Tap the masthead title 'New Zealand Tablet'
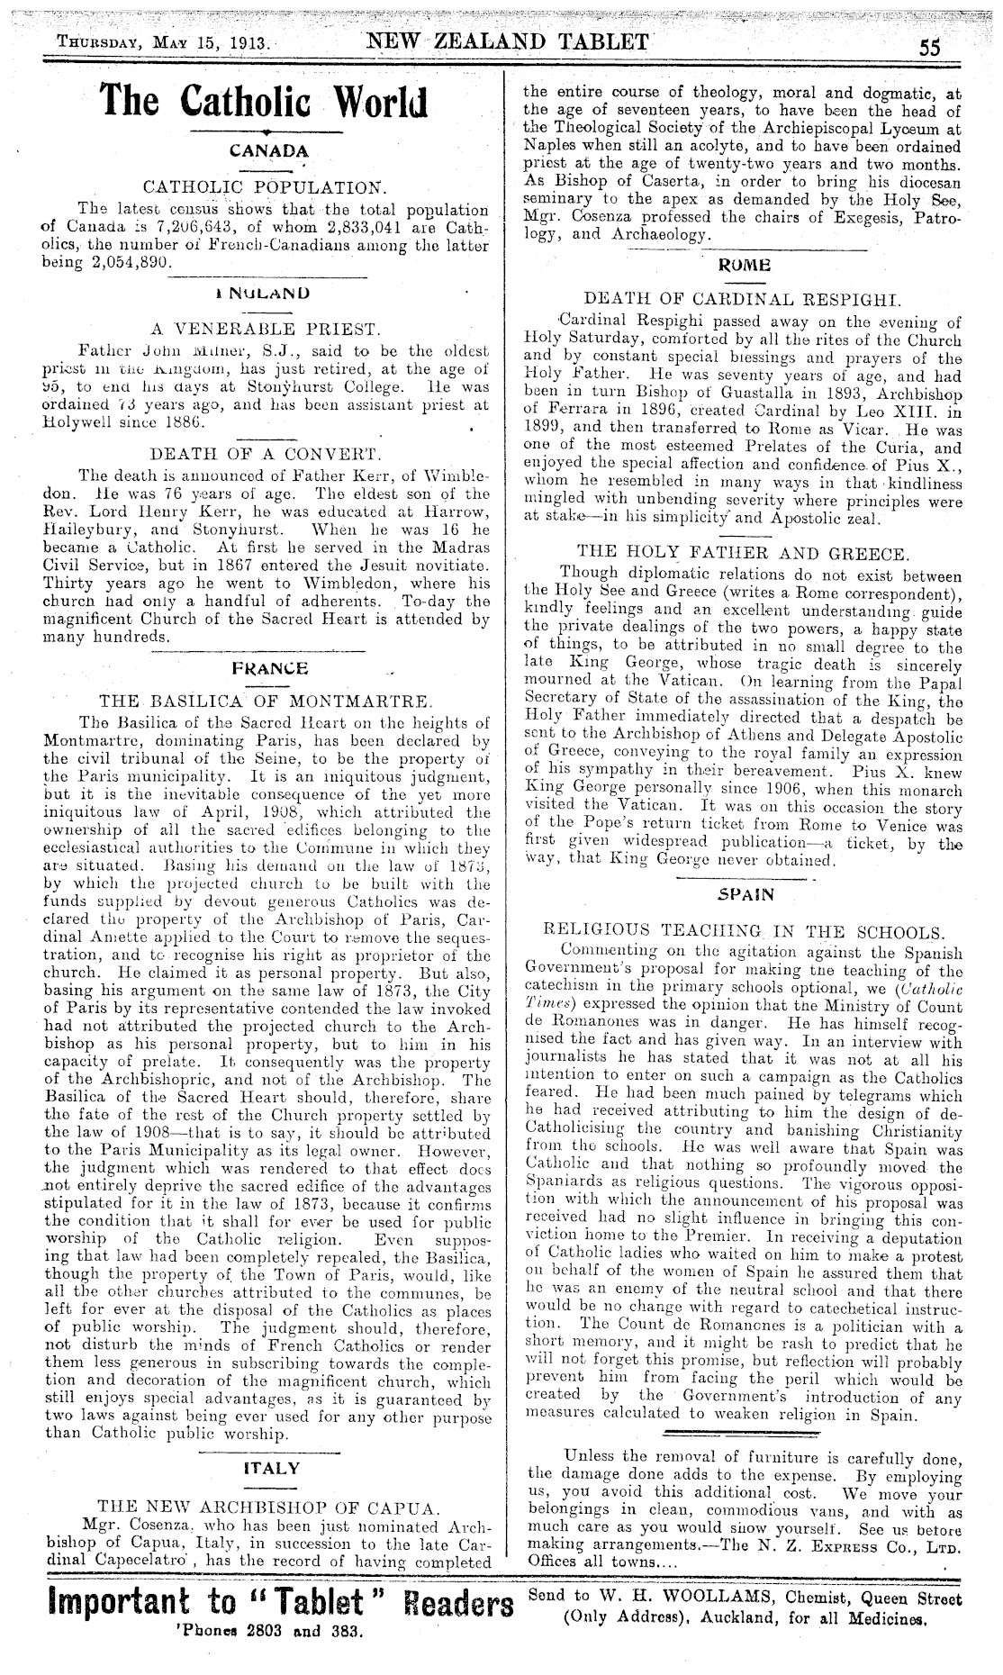coord(508,41)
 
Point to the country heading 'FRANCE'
coord(269,668)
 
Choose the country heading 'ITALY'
coord(271,1467)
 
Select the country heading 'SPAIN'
coord(746,895)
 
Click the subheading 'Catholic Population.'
coord(266,188)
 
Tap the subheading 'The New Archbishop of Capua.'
coord(269,1505)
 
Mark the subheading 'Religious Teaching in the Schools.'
coord(745,932)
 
